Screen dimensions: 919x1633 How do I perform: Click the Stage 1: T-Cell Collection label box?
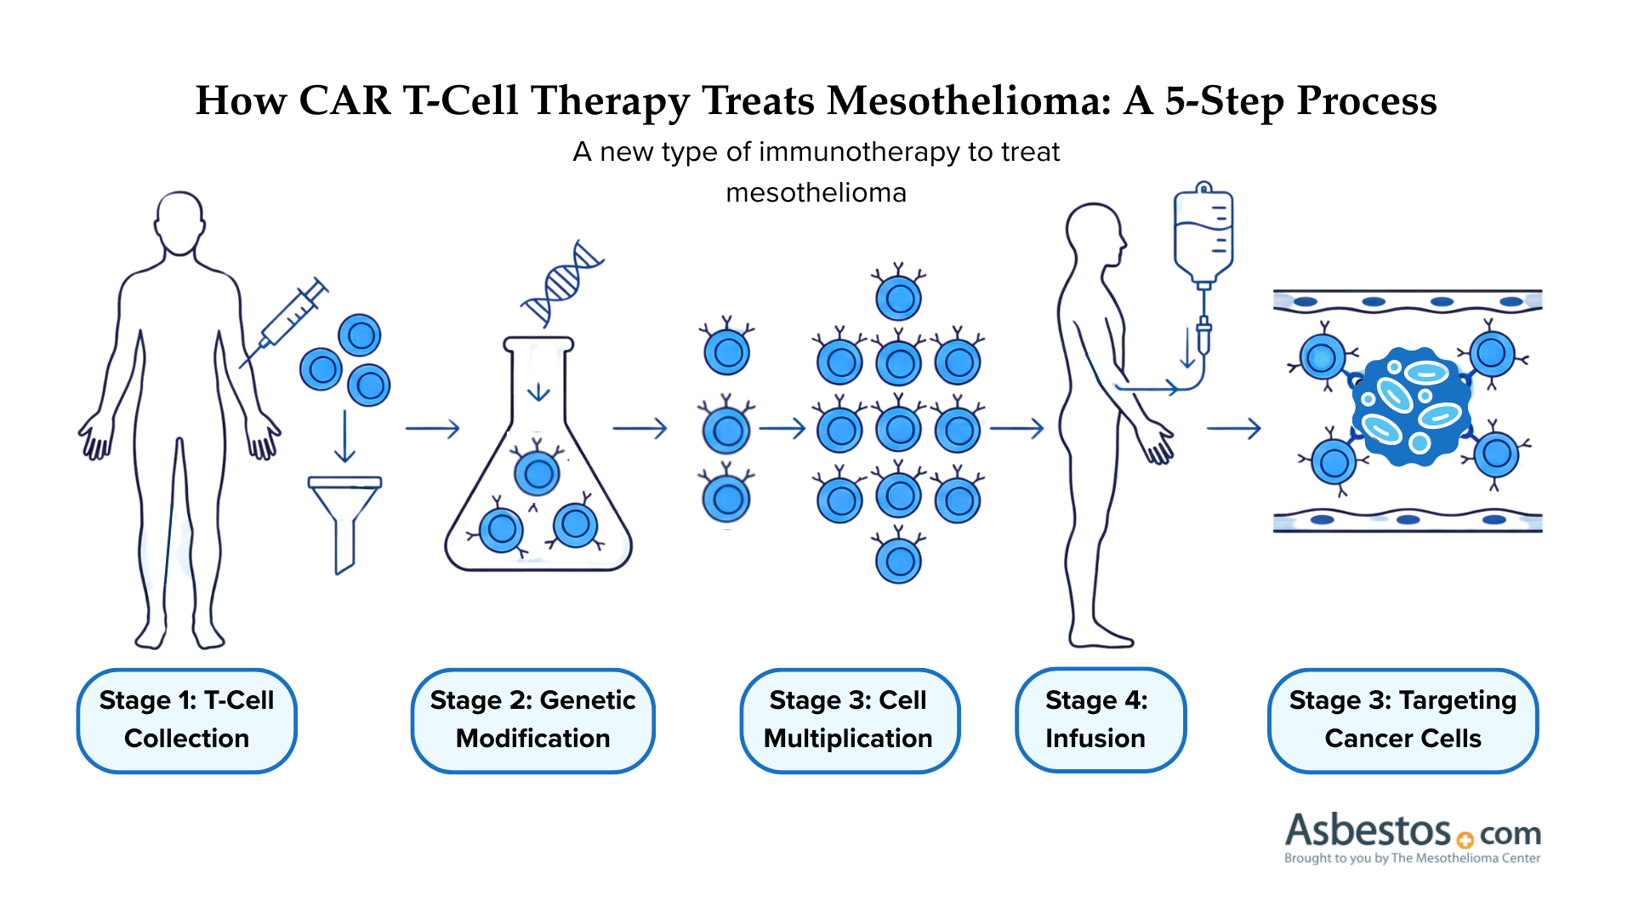(x=186, y=720)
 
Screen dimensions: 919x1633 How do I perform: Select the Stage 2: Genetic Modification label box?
(x=532, y=720)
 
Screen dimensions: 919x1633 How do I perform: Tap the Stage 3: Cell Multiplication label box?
(x=849, y=720)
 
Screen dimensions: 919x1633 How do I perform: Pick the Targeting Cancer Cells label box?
(x=1403, y=720)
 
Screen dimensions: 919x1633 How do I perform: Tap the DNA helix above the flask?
(x=562, y=283)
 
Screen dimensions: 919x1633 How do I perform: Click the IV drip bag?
(x=1203, y=233)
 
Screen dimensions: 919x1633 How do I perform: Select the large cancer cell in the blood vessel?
(x=1409, y=406)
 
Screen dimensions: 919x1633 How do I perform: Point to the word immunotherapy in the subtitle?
(x=859, y=151)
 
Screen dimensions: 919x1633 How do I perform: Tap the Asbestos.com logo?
(x=1412, y=837)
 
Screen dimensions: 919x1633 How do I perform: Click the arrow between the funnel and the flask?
(x=432, y=428)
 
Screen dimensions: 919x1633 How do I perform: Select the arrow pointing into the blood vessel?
(x=1233, y=428)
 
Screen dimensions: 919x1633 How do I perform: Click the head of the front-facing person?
(x=179, y=223)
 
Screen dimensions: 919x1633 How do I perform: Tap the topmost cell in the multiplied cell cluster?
(x=899, y=298)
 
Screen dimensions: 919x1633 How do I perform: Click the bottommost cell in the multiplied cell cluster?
(x=899, y=560)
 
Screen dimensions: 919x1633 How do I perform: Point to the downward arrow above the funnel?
(x=344, y=436)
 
